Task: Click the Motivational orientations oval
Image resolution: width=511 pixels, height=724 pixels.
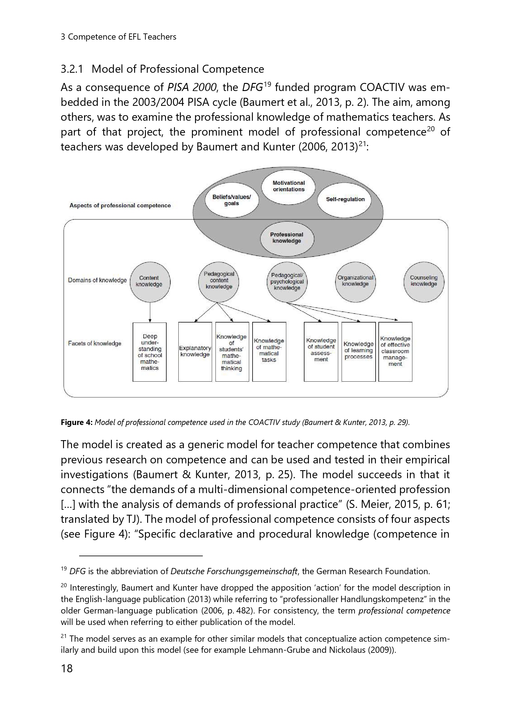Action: point(288,186)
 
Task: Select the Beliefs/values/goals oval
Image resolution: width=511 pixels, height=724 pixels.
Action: point(232,200)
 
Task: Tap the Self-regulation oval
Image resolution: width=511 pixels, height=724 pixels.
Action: point(345,199)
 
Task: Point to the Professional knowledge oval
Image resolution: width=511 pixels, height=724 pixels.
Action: point(287,238)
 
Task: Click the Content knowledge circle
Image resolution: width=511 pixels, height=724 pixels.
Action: point(150,282)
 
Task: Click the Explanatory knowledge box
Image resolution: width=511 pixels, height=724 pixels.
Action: point(195,352)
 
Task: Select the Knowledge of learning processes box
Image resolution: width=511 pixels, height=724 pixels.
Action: point(358,352)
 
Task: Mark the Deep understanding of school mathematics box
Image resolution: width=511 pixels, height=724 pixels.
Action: point(150,352)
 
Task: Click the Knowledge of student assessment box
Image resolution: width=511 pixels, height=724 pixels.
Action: point(321,352)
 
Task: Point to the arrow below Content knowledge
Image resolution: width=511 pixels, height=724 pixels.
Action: point(150,312)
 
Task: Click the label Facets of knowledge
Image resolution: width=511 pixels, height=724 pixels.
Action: point(95,343)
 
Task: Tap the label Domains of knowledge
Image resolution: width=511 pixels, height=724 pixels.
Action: point(97,280)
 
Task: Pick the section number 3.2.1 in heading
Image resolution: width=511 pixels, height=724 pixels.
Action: point(72,69)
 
